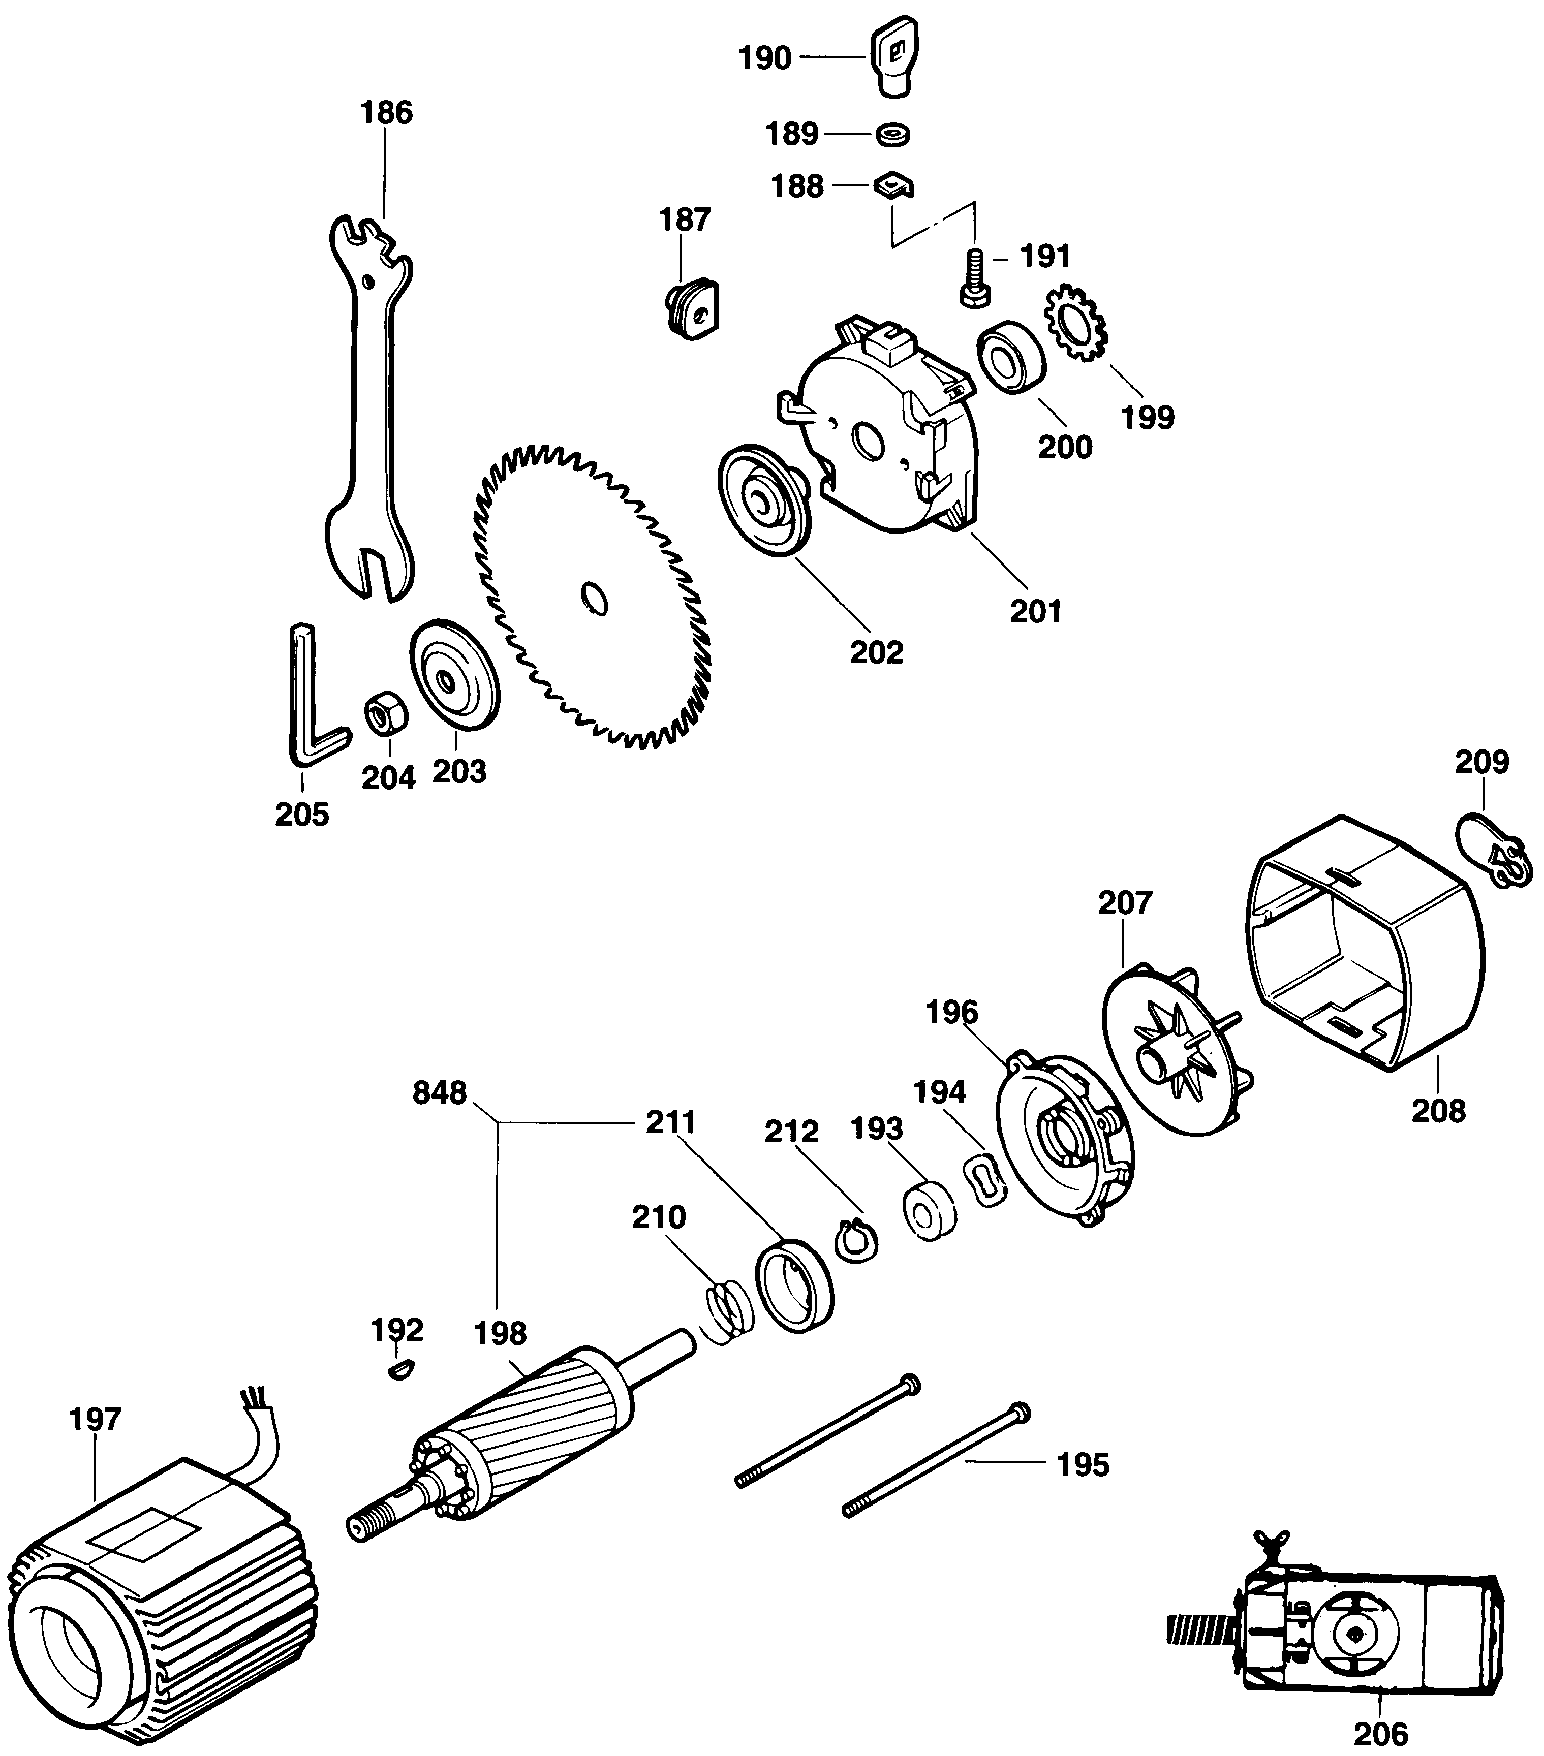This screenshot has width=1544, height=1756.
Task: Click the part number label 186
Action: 386,112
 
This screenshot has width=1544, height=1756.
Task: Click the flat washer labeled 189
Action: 893,134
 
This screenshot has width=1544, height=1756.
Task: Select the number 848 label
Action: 440,1093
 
